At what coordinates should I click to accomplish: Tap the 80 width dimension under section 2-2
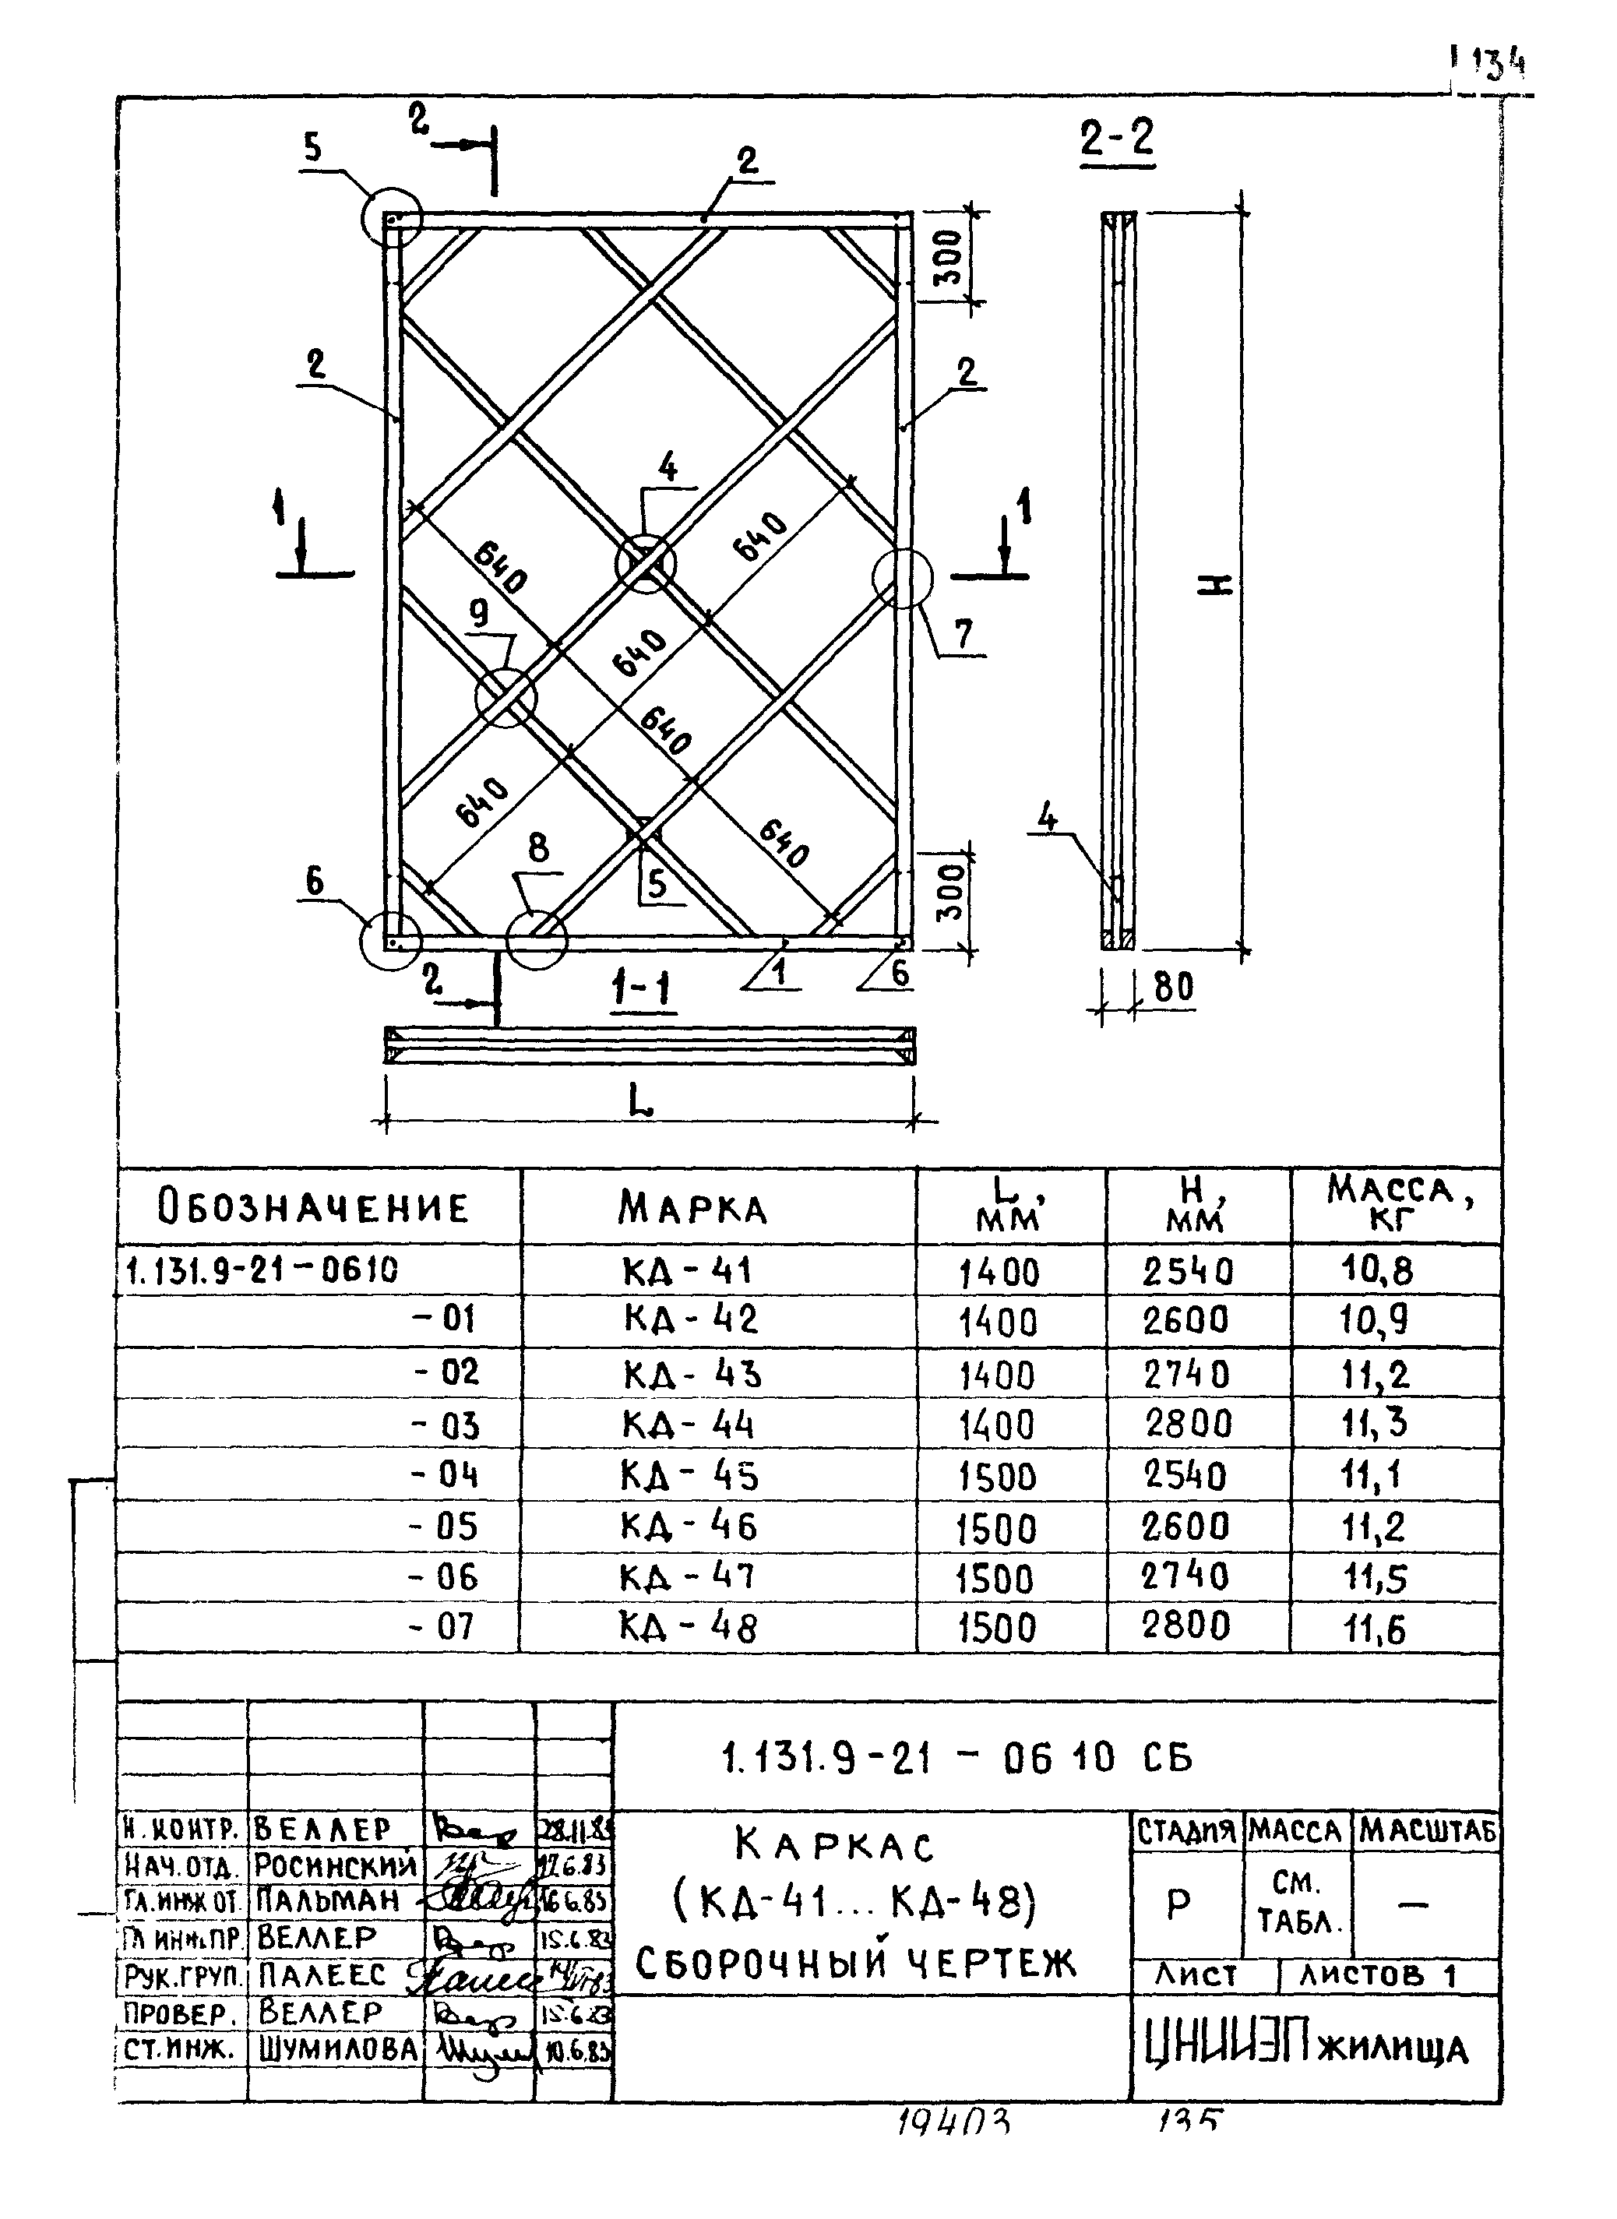[1174, 988]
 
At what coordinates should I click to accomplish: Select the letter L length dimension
[641, 1102]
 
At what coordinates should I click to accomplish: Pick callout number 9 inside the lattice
[479, 614]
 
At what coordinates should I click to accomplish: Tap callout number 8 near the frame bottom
[538, 847]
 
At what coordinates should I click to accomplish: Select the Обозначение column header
[313, 1207]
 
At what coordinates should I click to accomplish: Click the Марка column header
[692, 1209]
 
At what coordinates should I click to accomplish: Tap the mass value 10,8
[1377, 1270]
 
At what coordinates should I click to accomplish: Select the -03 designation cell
[446, 1425]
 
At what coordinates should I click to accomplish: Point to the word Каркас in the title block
[835, 1847]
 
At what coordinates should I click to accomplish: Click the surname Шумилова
[339, 2050]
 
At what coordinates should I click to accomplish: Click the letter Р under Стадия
[1178, 1904]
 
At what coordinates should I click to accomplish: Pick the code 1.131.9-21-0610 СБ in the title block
[956, 1759]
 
